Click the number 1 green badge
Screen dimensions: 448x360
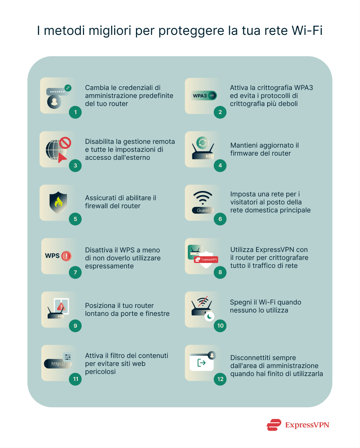coord(75,112)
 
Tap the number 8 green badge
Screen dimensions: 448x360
coord(220,272)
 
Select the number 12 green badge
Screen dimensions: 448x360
coord(220,379)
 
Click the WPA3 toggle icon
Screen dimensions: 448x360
coord(204,95)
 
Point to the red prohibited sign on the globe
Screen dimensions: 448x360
coord(65,143)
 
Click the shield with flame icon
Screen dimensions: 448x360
coord(58,202)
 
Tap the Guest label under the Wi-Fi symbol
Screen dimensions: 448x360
coord(203,210)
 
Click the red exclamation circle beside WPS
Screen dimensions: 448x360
coord(66,256)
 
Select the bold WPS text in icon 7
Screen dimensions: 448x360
coord(53,256)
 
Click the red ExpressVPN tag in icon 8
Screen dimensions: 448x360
coord(206,260)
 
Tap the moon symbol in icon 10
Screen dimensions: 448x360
coord(209,317)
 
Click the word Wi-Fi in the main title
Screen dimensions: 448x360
coord(307,32)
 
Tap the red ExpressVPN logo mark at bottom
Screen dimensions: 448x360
coord(274,425)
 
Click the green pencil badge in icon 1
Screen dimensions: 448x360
coord(68,88)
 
